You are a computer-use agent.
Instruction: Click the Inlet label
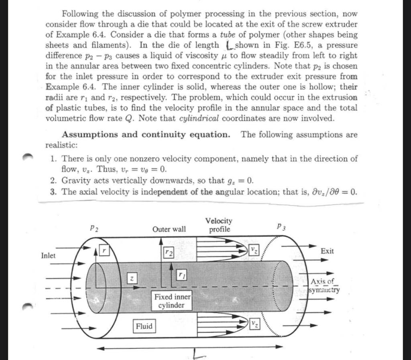(49, 255)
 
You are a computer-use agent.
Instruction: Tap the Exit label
(327, 251)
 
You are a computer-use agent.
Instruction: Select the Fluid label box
(144, 326)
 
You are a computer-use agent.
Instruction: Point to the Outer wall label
(169, 229)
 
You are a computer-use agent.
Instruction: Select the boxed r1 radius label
(182, 275)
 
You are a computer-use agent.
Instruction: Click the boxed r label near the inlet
(104, 249)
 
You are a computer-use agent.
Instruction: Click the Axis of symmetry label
(324, 285)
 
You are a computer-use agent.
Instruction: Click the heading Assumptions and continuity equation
(146, 135)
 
